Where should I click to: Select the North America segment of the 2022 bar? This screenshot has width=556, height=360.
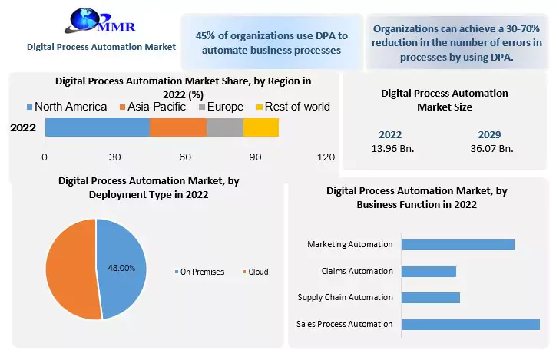coord(97,127)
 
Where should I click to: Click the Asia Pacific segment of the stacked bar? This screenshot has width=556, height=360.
coord(178,127)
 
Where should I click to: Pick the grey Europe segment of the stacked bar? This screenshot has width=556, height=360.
coord(225,127)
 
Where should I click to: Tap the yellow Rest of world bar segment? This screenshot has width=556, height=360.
coord(261,127)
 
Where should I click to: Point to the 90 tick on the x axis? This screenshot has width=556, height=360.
coord(255,157)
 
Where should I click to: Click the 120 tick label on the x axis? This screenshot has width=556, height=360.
coord(326,157)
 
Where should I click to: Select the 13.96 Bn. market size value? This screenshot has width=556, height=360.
coord(390,148)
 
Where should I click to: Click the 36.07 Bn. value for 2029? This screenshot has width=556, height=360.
coord(491,148)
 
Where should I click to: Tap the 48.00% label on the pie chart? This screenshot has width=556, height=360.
coord(121,268)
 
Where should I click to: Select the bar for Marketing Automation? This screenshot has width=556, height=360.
coord(458,244)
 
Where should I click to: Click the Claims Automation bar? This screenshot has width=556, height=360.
coord(429,271)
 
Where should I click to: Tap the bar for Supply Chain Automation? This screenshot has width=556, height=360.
coord(431,297)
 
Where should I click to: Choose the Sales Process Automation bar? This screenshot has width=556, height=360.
coord(470,324)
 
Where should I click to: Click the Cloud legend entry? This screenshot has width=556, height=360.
coord(256,272)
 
